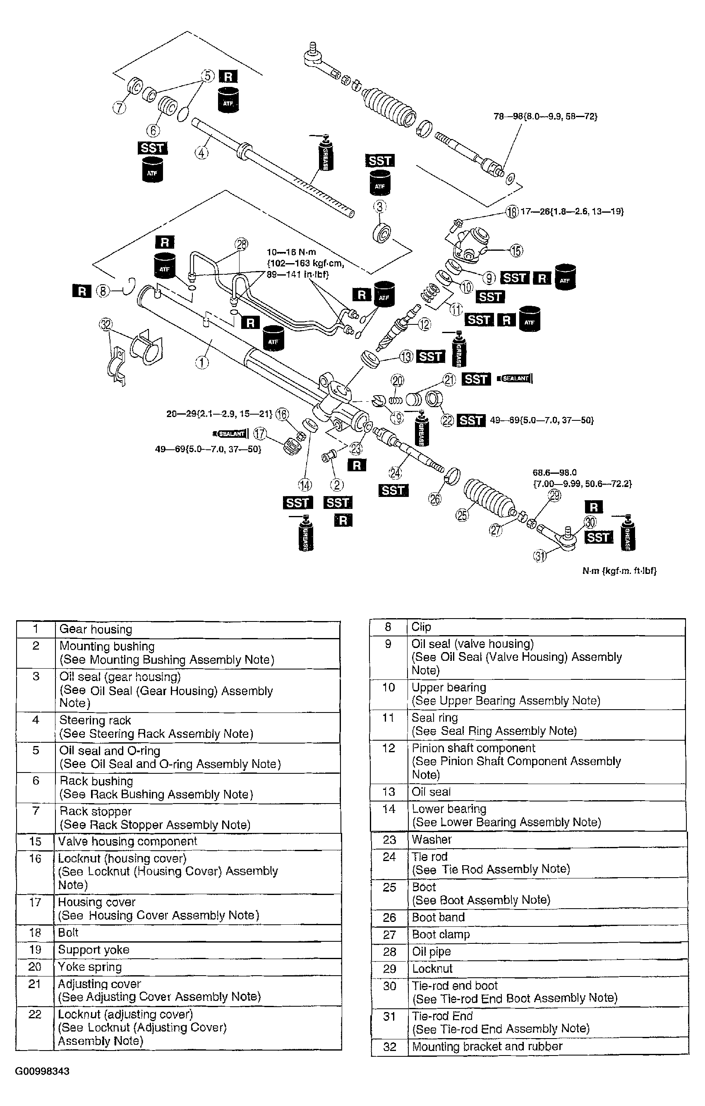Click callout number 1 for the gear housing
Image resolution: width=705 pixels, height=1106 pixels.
pos(202,362)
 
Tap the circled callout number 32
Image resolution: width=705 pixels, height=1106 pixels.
pos(106,325)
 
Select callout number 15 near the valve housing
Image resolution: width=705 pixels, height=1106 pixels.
pos(516,251)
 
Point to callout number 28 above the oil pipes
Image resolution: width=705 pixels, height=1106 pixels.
pos(241,245)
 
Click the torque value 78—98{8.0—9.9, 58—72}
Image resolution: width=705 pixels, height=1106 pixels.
pos(545,117)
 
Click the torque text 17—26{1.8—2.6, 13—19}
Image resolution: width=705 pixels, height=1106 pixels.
pos(572,212)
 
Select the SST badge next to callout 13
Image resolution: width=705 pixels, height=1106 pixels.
pos(430,356)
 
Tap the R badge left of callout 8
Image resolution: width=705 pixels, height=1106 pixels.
pos(82,291)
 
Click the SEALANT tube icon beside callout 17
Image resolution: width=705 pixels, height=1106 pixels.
pos(231,434)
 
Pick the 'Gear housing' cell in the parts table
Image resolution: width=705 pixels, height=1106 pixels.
pos(96,629)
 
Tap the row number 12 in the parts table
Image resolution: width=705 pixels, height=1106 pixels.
pos(388,748)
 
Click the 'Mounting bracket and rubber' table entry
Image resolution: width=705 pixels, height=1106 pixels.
pos(487,1046)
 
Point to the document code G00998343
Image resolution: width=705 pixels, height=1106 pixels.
pos(42,1071)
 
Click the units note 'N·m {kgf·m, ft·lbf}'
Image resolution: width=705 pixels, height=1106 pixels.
pos(619,571)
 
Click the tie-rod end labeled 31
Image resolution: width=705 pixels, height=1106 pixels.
pos(558,537)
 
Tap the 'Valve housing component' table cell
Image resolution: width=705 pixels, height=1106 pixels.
pos(127,841)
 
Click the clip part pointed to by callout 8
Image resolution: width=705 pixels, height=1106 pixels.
pos(130,287)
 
